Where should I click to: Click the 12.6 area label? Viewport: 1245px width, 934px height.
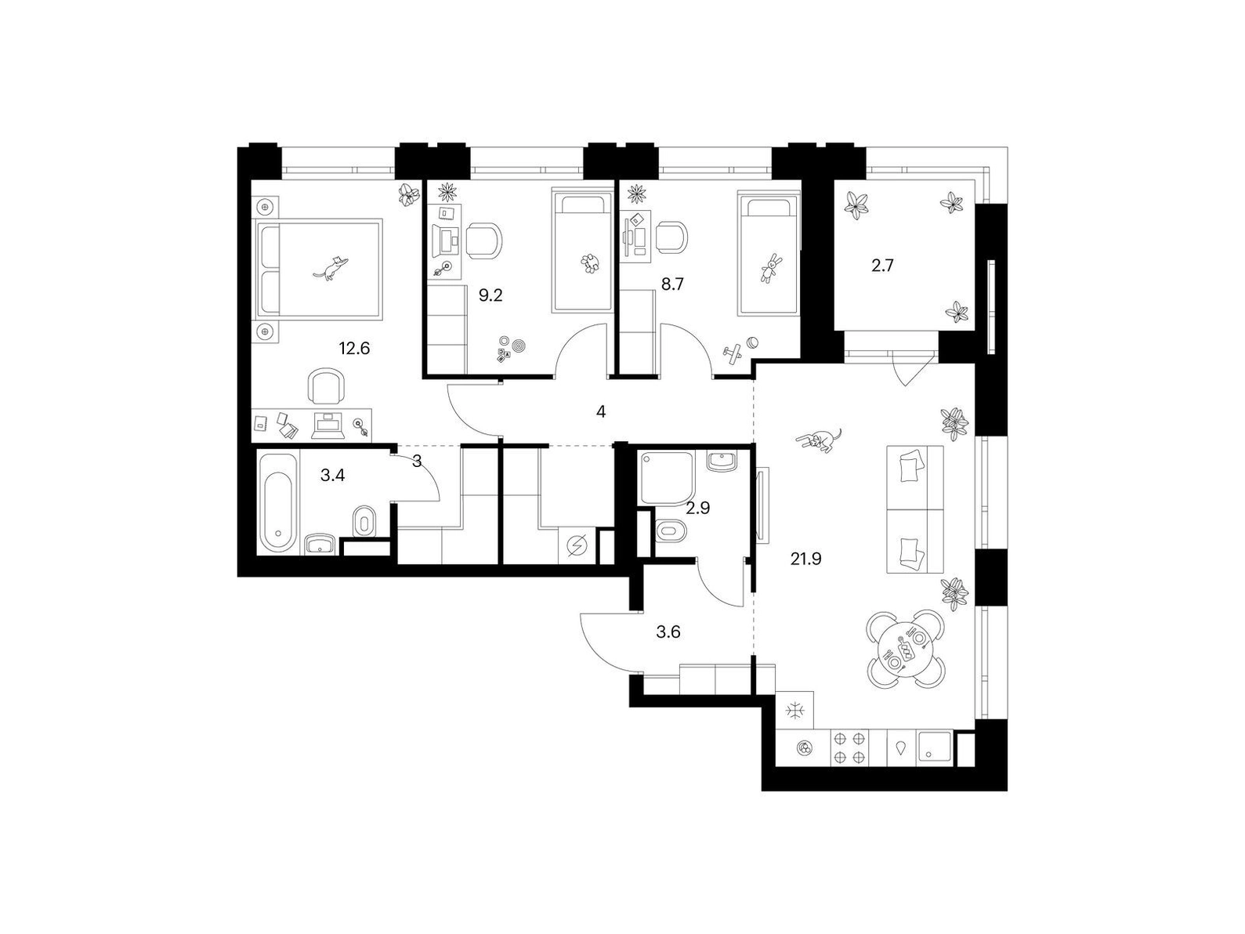pyautogui.click(x=354, y=348)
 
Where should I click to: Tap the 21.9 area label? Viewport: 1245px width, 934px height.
pyautogui.click(x=805, y=559)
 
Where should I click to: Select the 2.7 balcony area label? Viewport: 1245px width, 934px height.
pyautogui.click(x=882, y=266)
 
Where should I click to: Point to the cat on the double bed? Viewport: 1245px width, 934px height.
pyautogui.click(x=331, y=267)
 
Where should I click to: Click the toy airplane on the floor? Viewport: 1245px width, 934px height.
pyautogui.click(x=733, y=353)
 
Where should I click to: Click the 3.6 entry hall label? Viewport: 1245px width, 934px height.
pyautogui.click(x=668, y=632)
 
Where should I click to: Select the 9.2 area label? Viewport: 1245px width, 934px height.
pyautogui.click(x=490, y=295)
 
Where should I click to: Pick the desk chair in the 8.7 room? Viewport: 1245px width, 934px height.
pyautogui.click(x=673, y=237)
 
